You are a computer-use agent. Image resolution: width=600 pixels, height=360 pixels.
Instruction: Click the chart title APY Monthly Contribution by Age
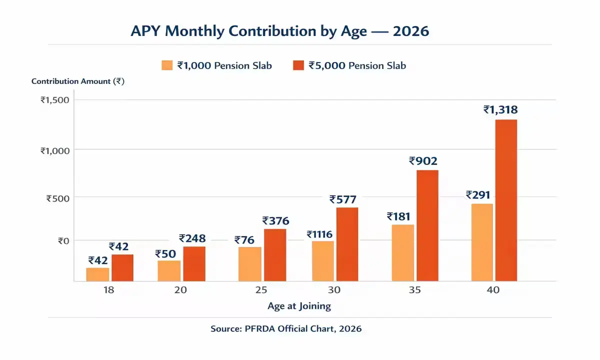[279, 31]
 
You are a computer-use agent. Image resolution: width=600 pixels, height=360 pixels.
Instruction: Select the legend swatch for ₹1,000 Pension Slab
[167, 65]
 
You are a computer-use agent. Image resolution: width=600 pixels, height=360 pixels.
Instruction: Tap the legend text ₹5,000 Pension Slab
[357, 65]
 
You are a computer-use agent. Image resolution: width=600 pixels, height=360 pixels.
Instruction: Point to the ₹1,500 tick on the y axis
[54, 99]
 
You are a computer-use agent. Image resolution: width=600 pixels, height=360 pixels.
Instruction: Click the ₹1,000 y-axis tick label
[54, 149]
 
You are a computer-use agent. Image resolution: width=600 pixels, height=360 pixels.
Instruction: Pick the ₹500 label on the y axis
[57, 197]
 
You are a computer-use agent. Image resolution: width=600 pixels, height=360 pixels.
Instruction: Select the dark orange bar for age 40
[505, 200]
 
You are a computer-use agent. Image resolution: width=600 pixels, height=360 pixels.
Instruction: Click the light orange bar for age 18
[97, 274]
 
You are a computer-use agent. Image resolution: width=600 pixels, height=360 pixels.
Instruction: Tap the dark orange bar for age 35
[427, 225]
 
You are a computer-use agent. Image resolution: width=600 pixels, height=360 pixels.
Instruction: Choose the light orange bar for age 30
[322, 261]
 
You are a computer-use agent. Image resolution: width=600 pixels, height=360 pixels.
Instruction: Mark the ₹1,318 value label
[500, 110]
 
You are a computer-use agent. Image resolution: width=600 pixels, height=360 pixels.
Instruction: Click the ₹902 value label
[423, 161]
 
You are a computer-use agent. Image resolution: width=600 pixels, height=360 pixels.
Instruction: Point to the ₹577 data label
[343, 199]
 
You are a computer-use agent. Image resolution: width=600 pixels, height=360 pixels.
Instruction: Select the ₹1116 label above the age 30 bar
[320, 234]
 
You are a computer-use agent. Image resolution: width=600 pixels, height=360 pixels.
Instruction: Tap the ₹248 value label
[192, 238]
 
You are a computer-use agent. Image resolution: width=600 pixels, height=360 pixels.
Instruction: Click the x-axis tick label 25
[261, 290]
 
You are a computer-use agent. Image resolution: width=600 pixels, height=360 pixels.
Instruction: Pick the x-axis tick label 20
[181, 290]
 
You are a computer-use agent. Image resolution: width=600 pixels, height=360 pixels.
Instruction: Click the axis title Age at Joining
[299, 306]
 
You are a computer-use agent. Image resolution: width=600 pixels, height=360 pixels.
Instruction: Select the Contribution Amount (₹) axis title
[77, 81]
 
